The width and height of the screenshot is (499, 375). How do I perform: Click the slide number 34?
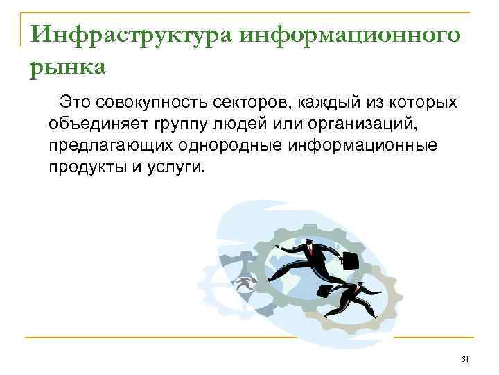(464, 358)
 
